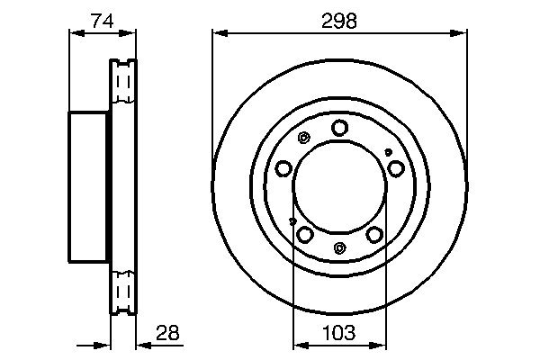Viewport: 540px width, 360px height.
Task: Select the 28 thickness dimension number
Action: [x=167, y=333]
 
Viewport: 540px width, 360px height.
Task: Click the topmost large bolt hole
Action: [x=338, y=128]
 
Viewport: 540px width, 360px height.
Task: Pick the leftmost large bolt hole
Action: [x=284, y=168]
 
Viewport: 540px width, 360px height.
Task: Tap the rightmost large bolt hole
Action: [x=395, y=168]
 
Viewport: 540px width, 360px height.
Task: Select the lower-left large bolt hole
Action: [x=305, y=234]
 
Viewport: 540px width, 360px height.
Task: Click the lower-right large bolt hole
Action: [x=373, y=234]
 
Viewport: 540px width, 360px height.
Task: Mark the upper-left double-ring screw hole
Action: [x=303, y=139]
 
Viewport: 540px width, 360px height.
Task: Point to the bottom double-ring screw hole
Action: [x=338, y=248]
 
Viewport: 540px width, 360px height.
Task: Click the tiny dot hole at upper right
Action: [x=388, y=152]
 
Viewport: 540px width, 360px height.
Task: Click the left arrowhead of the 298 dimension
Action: [x=217, y=34]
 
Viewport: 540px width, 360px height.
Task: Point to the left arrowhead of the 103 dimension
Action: [x=298, y=345]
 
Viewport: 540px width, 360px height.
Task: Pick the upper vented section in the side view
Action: [x=122, y=85]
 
